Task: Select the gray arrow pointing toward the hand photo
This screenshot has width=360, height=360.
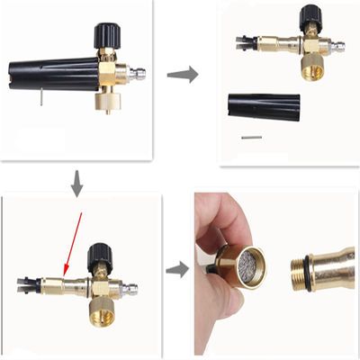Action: tap(178, 268)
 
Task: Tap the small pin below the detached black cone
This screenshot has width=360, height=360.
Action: tap(251, 138)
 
